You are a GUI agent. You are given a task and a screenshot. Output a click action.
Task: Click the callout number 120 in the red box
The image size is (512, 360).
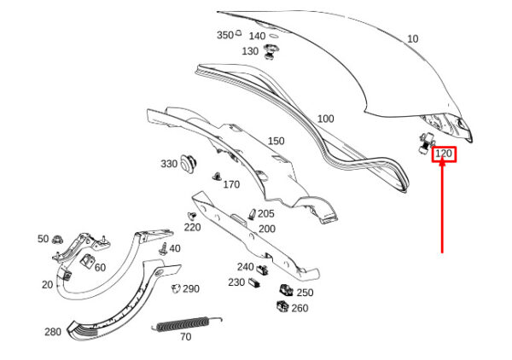[x=444, y=154]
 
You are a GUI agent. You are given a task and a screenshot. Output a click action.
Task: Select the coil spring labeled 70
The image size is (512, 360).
[x=186, y=324]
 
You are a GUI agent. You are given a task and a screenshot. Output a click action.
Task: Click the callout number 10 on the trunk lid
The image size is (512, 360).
[x=413, y=39]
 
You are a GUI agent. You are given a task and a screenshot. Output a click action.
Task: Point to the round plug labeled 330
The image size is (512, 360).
[x=189, y=163]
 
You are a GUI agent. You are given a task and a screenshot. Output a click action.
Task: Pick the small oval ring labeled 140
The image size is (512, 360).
[x=274, y=36]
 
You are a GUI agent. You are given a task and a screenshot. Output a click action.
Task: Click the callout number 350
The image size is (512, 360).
[x=225, y=35]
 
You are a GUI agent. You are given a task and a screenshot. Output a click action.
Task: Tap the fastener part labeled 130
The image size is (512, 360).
[x=271, y=51]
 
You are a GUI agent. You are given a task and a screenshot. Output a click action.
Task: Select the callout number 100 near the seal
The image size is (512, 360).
[x=326, y=119]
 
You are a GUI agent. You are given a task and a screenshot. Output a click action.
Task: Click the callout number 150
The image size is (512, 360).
[x=276, y=141]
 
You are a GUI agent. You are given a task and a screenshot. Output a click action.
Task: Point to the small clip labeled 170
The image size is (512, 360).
[x=217, y=177]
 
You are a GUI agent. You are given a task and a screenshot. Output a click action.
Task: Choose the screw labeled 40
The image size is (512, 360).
[x=163, y=249]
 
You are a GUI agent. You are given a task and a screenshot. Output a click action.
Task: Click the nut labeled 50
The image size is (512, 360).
[x=58, y=240]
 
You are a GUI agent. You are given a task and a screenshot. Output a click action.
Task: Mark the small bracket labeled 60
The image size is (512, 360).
[x=87, y=261]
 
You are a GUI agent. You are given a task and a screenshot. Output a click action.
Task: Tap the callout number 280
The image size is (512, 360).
[x=53, y=332]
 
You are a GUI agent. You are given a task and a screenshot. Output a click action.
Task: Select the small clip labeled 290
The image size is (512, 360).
[x=176, y=288]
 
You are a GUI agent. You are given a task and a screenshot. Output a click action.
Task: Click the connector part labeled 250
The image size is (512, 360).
[x=286, y=290]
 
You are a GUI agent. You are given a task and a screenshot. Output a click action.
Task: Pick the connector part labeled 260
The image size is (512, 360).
[x=282, y=306]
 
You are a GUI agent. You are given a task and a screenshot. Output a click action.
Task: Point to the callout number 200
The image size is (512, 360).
[x=267, y=229]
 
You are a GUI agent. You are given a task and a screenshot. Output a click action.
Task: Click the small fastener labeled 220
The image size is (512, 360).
[x=192, y=216]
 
